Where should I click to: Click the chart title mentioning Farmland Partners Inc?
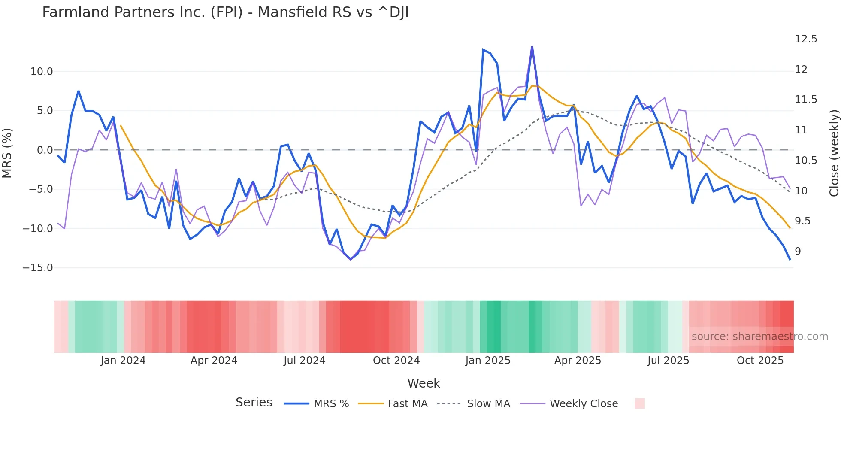[225, 12]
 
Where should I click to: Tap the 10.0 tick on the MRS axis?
[42, 72]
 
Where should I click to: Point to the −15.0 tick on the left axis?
[38, 268]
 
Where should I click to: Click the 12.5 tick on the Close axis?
[806, 39]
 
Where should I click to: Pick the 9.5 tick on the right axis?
[803, 221]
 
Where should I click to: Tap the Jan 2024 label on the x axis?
[123, 361]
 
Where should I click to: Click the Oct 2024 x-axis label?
[396, 361]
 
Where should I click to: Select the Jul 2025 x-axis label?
[668, 361]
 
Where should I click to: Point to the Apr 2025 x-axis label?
[578, 361]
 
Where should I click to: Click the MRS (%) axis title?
[7, 153]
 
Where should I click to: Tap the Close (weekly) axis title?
[834, 153]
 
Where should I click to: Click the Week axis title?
[424, 383]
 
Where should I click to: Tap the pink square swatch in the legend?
[639, 403]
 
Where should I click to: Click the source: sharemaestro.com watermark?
[759, 337]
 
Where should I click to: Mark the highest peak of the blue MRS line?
[532, 47]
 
